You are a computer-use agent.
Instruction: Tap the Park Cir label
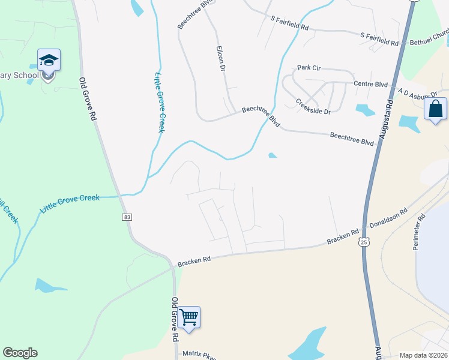tap(308, 68)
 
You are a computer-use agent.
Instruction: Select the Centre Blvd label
tap(371, 84)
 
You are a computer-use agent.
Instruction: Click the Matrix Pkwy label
tap(198, 355)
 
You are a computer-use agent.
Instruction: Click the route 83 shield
tap(127, 217)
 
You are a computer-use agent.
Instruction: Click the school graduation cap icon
tap(49, 60)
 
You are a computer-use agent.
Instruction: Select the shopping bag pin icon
tap(435, 110)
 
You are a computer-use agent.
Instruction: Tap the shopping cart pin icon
tap(188, 317)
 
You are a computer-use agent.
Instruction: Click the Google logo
tap(20, 353)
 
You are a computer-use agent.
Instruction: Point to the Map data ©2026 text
tap(423, 355)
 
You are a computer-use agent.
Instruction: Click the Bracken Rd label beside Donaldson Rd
tap(343, 236)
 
